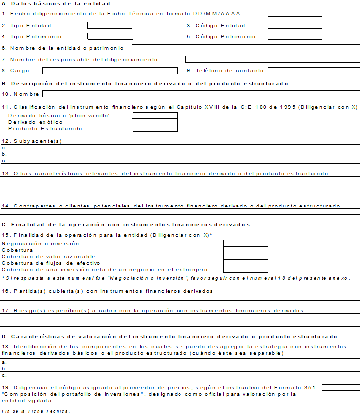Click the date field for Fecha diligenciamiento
point(295,13)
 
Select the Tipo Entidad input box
point(110,25)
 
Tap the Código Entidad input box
point(295,25)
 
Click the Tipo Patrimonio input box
point(110,36)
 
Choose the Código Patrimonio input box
point(295,36)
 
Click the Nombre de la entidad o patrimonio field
point(245,48)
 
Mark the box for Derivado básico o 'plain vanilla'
point(155,116)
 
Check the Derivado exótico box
point(155,122)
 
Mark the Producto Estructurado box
point(155,128)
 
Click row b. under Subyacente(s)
point(180,154)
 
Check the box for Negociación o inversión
point(246,243)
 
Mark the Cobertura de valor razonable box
point(246,256)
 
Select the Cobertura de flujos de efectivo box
point(246,263)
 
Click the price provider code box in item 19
point(341,387)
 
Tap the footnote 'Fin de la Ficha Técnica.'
point(36,411)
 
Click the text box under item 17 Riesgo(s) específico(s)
point(180,320)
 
